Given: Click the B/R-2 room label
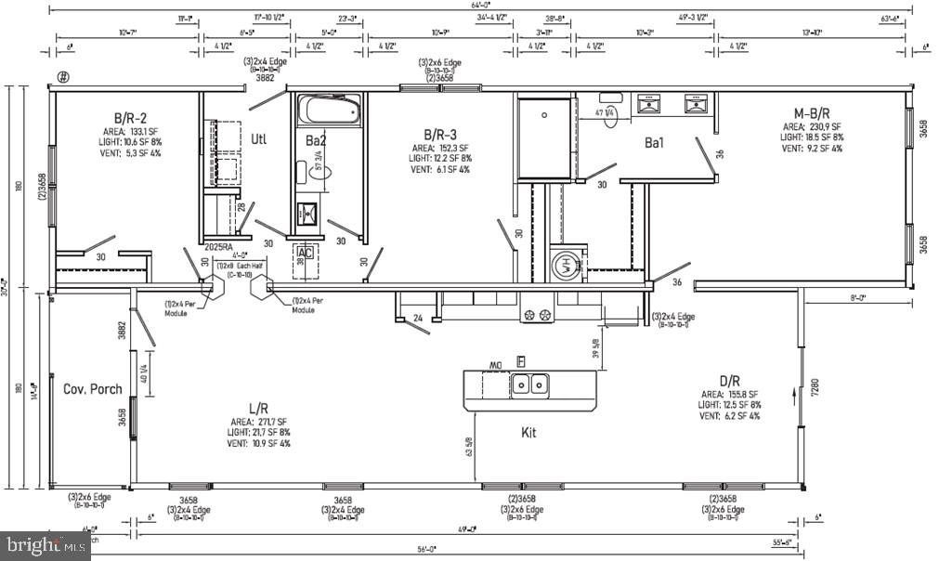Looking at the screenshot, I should click(131, 118).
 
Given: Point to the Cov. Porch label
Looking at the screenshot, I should click(92, 388).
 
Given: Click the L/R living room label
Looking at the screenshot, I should click(260, 408).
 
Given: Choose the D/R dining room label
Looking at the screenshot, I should click(730, 380).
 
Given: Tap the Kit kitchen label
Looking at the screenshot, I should click(528, 432).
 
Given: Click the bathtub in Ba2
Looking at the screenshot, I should click(328, 111).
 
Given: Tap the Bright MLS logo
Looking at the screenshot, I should click(46, 545).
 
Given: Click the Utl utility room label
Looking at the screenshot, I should click(259, 139).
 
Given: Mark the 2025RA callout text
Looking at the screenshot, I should click(217, 248).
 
